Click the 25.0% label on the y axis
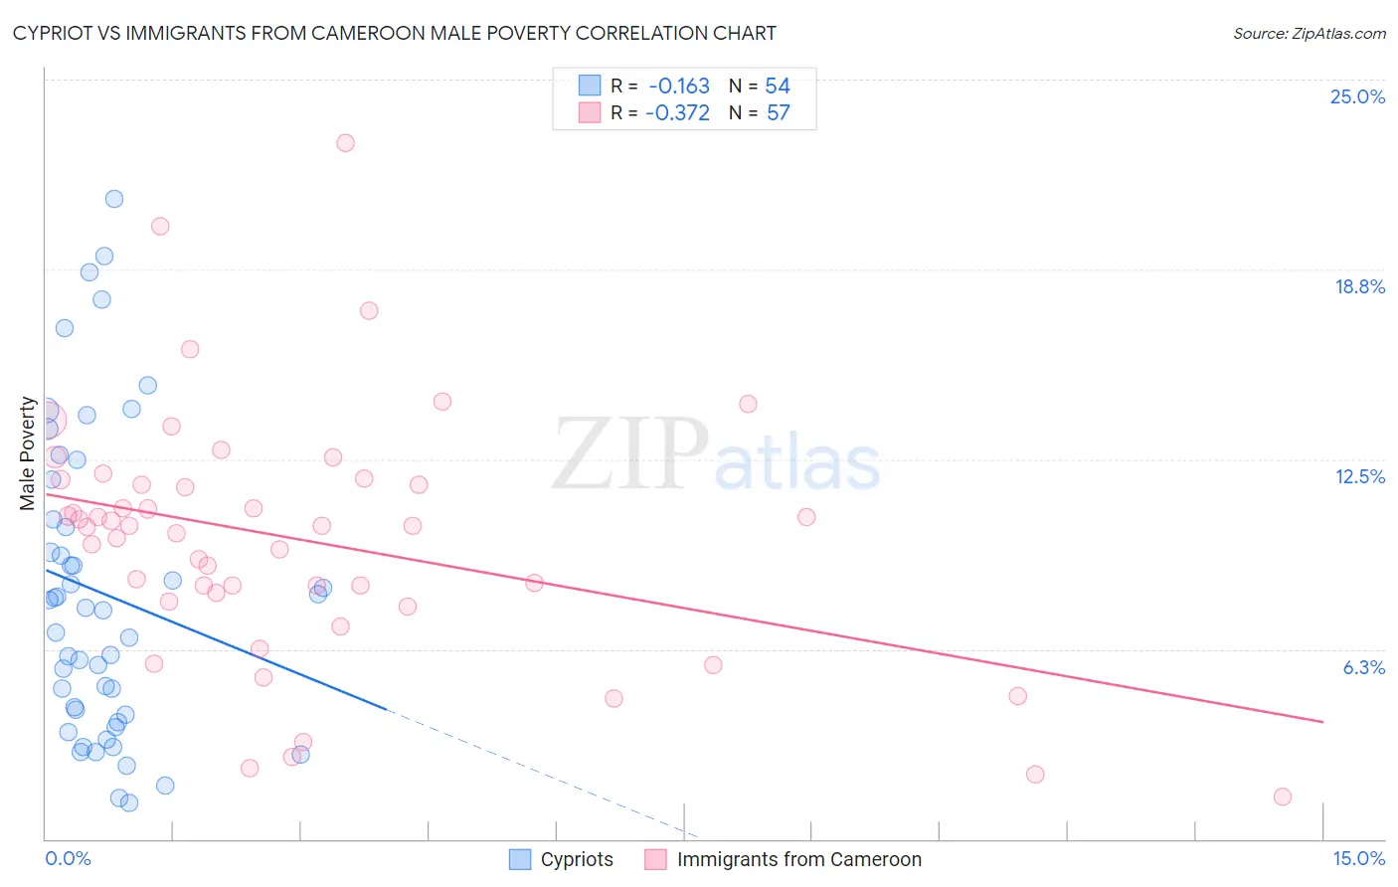click(x=1357, y=96)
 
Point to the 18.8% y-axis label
click(x=1359, y=286)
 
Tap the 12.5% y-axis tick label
click(x=1359, y=476)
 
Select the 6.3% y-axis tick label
click(x=1363, y=667)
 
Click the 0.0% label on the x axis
click(x=68, y=858)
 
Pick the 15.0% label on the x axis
click(x=1358, y=858)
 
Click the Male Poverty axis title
click(x=28, y=453)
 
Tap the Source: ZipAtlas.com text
click(x=1309, y=33)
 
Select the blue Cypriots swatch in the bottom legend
click(x=520, y=859)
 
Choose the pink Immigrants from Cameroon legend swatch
click(x=655, y=859)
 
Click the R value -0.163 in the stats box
click(x=679, y=86)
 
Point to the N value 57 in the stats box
click(x=778, y=112)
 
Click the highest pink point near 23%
click(x=345, y=142)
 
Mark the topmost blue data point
click(x=114, y=199)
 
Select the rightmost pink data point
click(x=1283, y=797)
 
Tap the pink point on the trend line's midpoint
click(x=534, y=583)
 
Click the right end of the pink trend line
click(x=1322, y=721)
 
